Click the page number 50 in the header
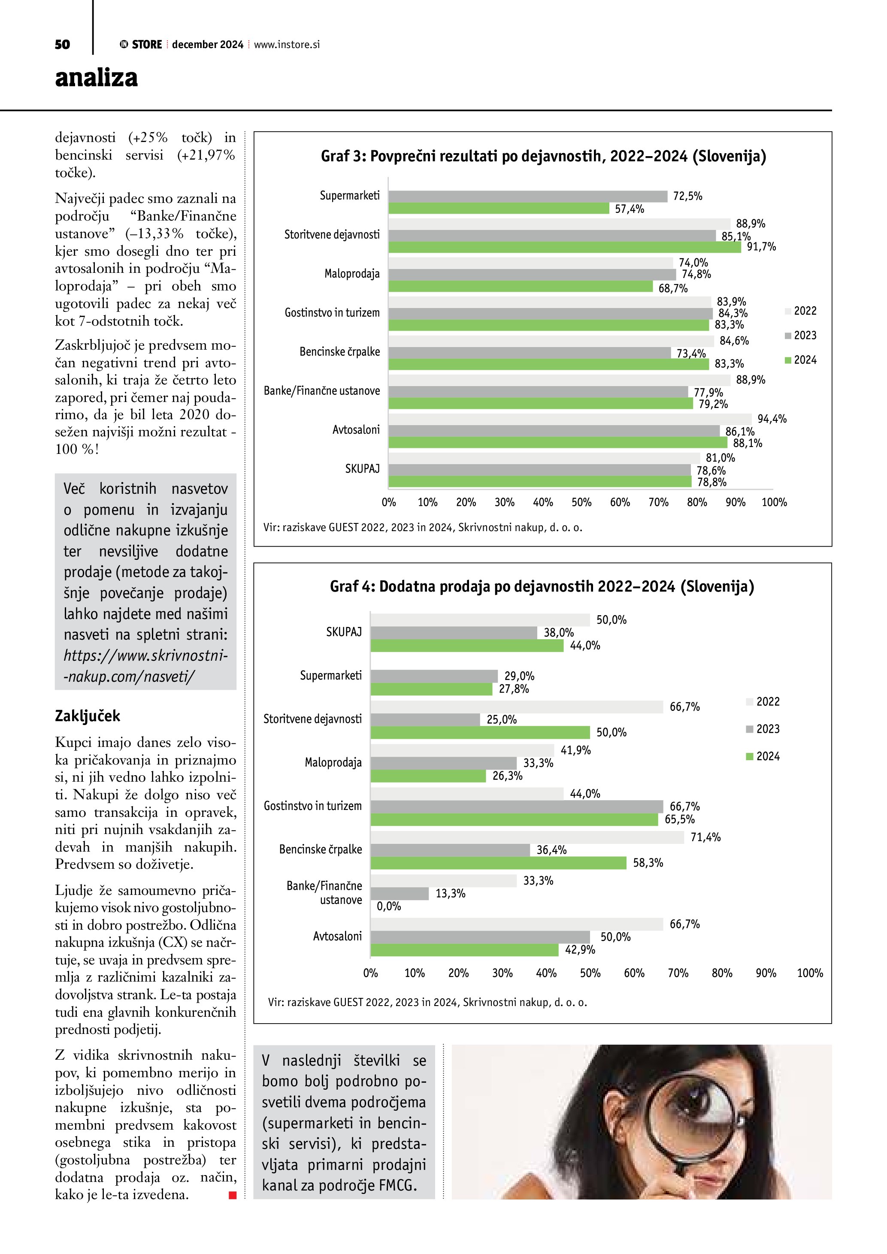point(62,44)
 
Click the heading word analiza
point(96,78)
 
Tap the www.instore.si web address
point(287,45)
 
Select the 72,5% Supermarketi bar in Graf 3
point(528,196)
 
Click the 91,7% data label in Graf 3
point(761,247)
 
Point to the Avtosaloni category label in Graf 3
point(356,430)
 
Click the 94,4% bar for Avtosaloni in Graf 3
point(570,419)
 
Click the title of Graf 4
point(542,586)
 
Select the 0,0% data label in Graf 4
point(389,906)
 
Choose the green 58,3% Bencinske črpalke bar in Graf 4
point(498,863)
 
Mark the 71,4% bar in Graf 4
point(527,837)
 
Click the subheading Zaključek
point(88,716)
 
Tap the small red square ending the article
point(233,1195)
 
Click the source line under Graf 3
point(423,528)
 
